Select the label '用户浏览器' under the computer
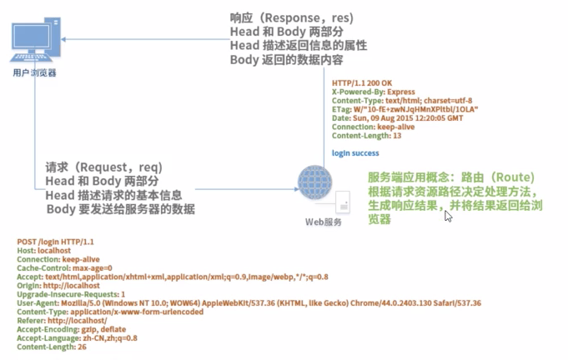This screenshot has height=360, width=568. pyautogui.click(x=35, y=73)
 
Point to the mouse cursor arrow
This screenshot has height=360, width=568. pyautogui.click(x=448, y=216)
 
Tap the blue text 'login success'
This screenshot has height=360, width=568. pyautogui.click(x=355, y=153)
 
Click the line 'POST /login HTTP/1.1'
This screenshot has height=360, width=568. pyautogui.click(x=55, y=241)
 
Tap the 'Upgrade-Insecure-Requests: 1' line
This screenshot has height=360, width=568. pyautogui.click(x=71, y=294)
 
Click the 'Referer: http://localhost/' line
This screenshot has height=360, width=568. pyautogui.click(x=62, y=320)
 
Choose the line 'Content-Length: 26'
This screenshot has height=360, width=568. pyautogui.click(x=52, y=347)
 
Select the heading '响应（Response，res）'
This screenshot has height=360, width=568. pyautogui.click(x=291, y=17)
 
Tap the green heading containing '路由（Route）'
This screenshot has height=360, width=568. pyautogui.click(x=450, y=177)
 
